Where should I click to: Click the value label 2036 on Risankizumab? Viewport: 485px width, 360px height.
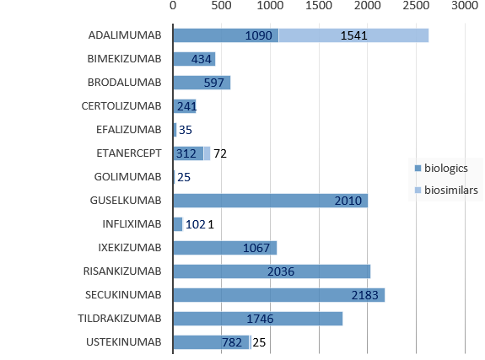tap(331, 271)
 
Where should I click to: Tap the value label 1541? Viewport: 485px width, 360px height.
tap(353, 35)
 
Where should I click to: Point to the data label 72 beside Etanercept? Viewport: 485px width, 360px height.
tap(220, 153)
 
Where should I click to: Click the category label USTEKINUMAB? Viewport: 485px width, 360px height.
tap(125, 342)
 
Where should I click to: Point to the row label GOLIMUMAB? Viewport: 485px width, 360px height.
tap(128, 177)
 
